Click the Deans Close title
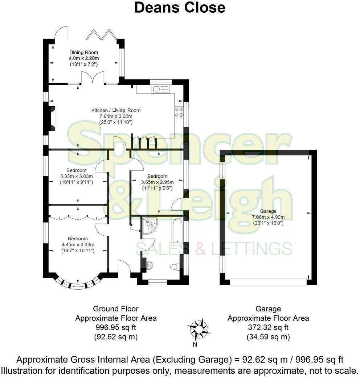[180, 7]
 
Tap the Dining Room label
[83, 53]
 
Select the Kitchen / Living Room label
[116, 110]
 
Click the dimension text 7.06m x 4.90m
[268, 217]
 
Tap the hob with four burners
[179, 111]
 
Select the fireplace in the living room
[52, 118]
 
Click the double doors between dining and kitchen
[93, 78]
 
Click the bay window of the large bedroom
[78, 284]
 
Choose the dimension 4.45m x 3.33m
[78, 245]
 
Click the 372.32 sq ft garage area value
[268, 328]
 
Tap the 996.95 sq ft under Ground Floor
[116, 328]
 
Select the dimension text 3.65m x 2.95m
[157, 182]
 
